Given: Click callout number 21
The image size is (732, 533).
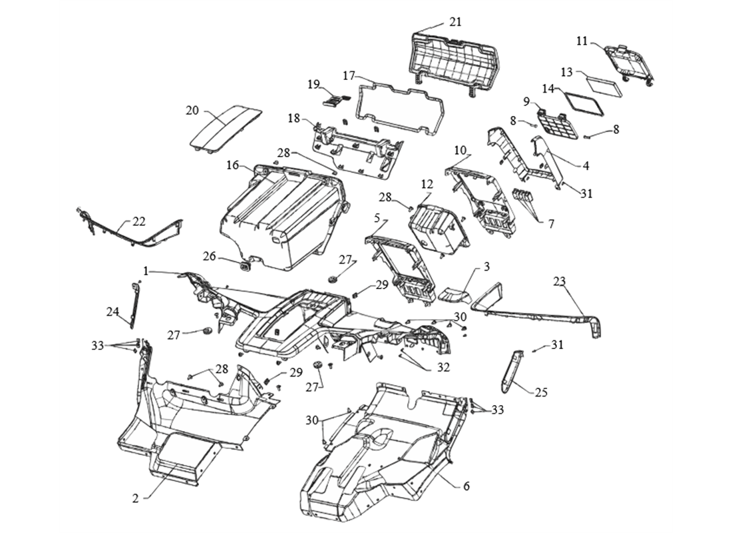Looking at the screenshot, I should pyautogui.click(x=455, y=22).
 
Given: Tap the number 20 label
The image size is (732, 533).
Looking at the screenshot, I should pyautogui.click(x=192, y=111).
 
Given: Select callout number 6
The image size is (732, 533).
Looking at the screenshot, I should pyautogui.click(x=466, y=486).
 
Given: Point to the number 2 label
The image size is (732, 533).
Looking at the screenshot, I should pyautogui.click(x=135, y=498).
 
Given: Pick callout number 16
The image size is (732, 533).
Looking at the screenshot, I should pyautogui.click(x=232, y=164).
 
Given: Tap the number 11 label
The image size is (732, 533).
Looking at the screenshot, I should pyautogui.click(x=582, y=41).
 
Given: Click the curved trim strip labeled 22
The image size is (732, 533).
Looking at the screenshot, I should pyautogui.click(x=133, y=237).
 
